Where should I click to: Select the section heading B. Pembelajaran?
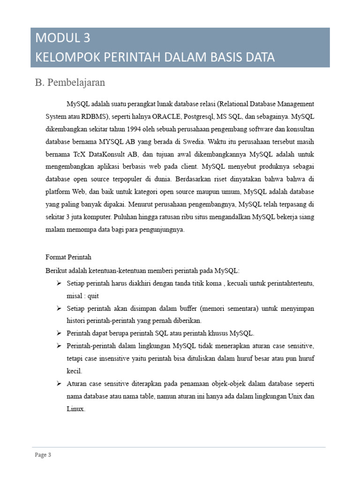coord(70,83)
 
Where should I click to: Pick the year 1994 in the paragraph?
coord(130,128)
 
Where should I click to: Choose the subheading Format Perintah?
coord(68,257)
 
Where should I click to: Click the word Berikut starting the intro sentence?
coord(55,270)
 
